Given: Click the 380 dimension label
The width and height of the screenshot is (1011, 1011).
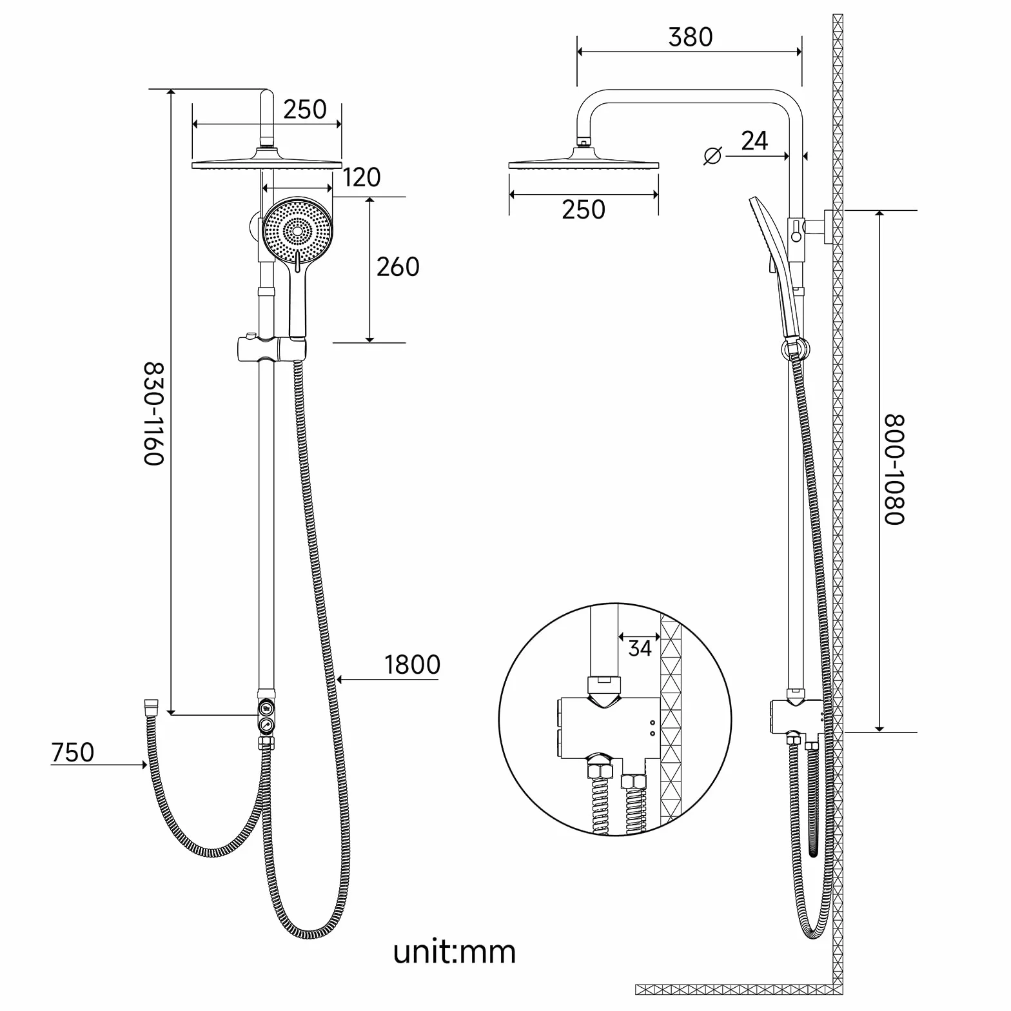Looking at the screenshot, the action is click(690, 37).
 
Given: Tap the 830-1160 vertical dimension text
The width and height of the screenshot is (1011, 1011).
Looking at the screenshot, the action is click(154, 413).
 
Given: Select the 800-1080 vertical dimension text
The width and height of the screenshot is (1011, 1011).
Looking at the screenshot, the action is click(894, 469).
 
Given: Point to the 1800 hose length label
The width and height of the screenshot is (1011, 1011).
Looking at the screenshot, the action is click(412, 665).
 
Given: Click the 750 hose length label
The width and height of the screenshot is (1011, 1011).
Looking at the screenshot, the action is click(72, 752).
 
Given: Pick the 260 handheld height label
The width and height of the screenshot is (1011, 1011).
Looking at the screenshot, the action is click(398, 267).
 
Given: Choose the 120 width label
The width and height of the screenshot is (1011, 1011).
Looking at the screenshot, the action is click(361, 177).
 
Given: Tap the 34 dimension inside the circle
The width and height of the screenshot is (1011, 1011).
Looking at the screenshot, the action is click(640, 649).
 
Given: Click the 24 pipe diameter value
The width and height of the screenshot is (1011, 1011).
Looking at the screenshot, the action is click(754, 141).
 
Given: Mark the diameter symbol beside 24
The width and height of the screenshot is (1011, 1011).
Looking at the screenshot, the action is click(712, 155).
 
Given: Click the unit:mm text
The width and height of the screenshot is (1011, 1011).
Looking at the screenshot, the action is click(455, 952).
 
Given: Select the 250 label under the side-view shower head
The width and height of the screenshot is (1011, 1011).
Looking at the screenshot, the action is click(584, 210).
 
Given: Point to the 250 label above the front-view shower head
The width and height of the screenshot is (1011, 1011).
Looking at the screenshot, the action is click(304, 110).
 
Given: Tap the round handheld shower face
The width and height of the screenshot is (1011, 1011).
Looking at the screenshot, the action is click(297, 231).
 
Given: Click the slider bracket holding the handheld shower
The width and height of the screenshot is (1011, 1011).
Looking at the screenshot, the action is click(271, 348).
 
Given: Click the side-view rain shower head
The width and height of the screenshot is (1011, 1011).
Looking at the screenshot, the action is click(584, 160).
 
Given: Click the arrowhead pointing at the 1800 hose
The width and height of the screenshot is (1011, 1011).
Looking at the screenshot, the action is click(341, 679).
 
